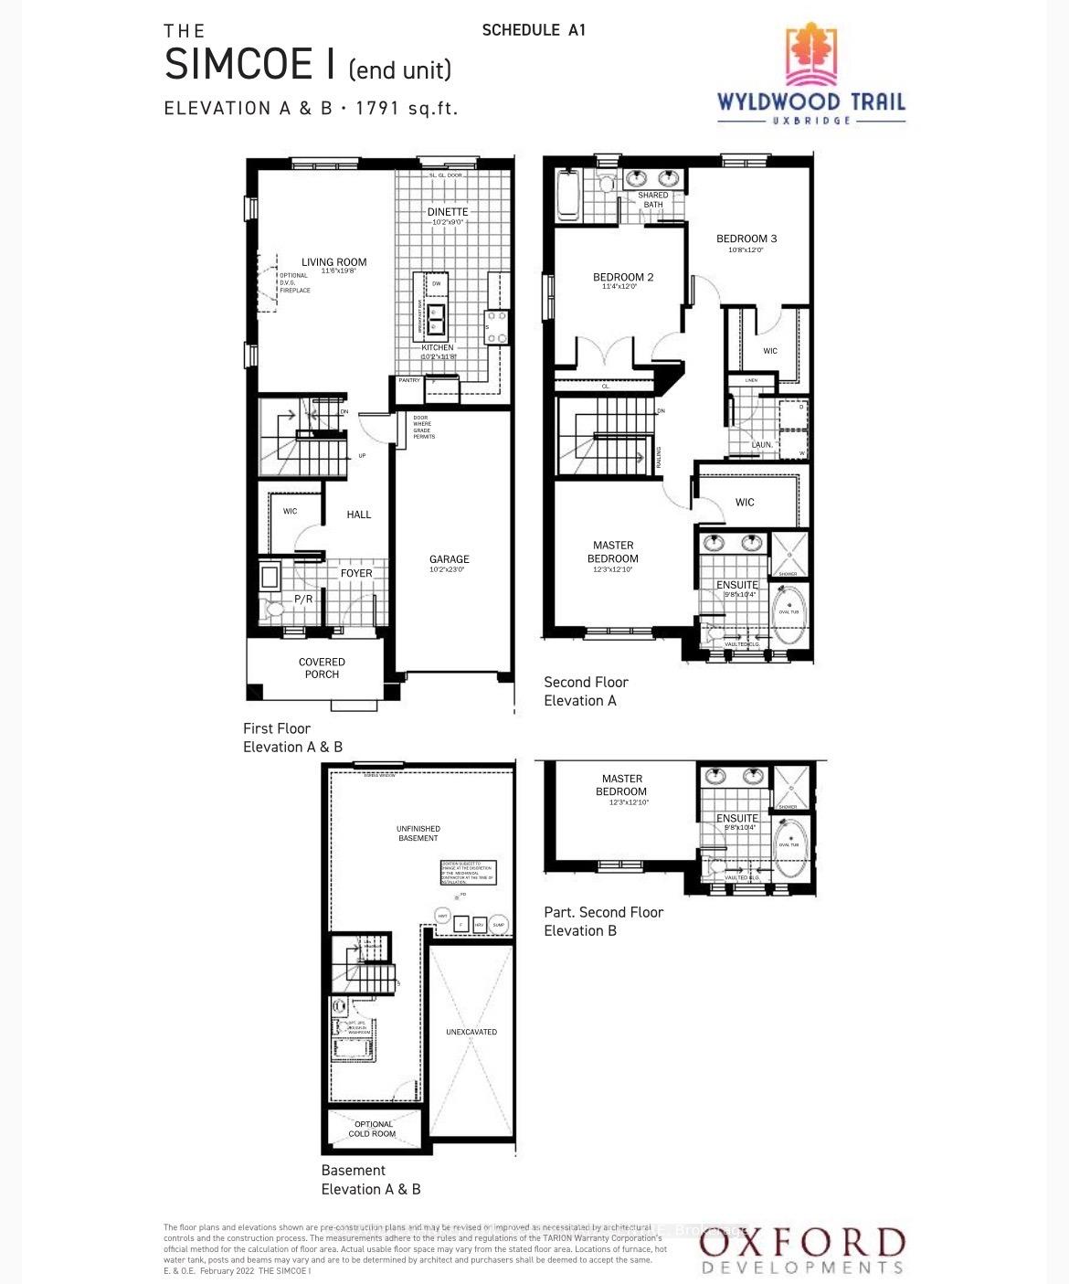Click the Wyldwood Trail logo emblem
[x=811, y=54]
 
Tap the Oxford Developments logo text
[x=801, y=1250]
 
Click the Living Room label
[x=333, y=262]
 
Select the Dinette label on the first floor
[x=448, y=212]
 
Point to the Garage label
[x=450, y=559]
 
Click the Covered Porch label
[x=322, y=668]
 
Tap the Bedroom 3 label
[x=746, y=239]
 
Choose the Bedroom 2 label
[x=623, y=277]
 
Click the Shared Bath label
[x=652, y=199]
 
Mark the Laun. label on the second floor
[x=762, y=445]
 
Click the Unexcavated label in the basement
[x=471, y=1032]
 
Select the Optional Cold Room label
[x=373, y=1129]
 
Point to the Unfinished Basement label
[x=418, y=833]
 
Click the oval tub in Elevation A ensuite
[x=789, y=612]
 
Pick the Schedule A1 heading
[x=534, y=30]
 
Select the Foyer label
[x=356, y=573]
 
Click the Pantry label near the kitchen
[x=408, y=380]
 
